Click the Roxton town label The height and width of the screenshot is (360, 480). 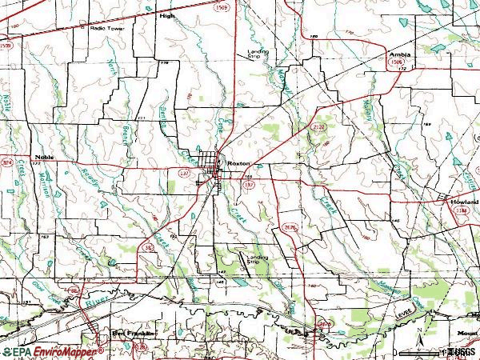(x=238, y=162)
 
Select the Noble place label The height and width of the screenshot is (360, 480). (x=43, y=158)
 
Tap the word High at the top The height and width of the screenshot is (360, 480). (x=166, y=15)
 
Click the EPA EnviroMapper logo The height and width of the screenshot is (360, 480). (x=53, y=352)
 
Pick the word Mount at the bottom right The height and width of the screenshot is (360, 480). (x=467, y=331)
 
